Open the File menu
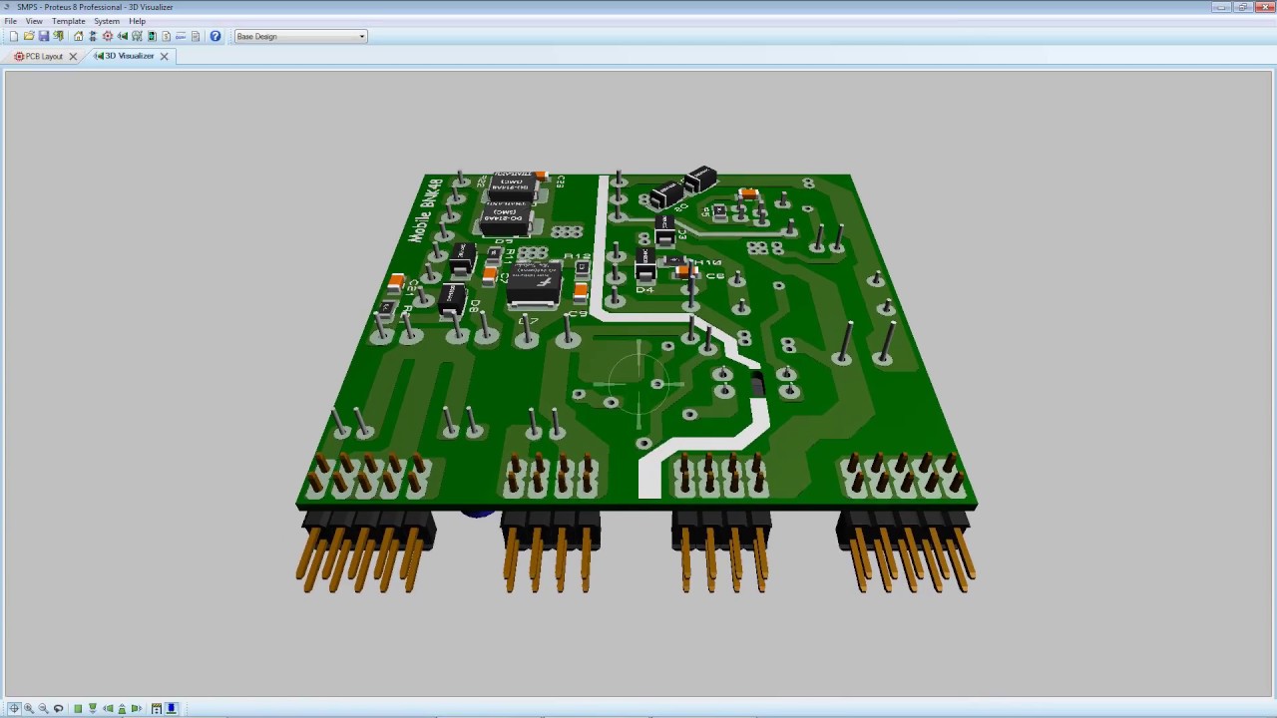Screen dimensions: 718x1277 click(x=10, y=21)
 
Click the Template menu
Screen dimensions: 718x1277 click(x=68, y=21)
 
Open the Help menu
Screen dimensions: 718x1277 click(x=137, y=21)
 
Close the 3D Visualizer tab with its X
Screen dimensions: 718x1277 click(x=165, y=57)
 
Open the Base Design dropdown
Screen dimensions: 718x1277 click(x=300, y=37)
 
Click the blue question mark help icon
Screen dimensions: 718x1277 click(x=214, y=37)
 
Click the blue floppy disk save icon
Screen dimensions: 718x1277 click(x=43, y=37)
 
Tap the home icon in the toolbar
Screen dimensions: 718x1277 click(x=78, y=37)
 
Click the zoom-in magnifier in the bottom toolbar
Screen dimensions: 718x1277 click(x=29, y=709)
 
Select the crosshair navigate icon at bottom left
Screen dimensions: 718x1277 click(x=14, y=709)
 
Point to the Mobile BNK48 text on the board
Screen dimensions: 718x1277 click(x=426, y=210)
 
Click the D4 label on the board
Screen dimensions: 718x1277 click(x=644, y=290)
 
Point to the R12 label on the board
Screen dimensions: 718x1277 click(x=577, y=257)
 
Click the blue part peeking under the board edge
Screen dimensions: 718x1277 click(x=478, y=514)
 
